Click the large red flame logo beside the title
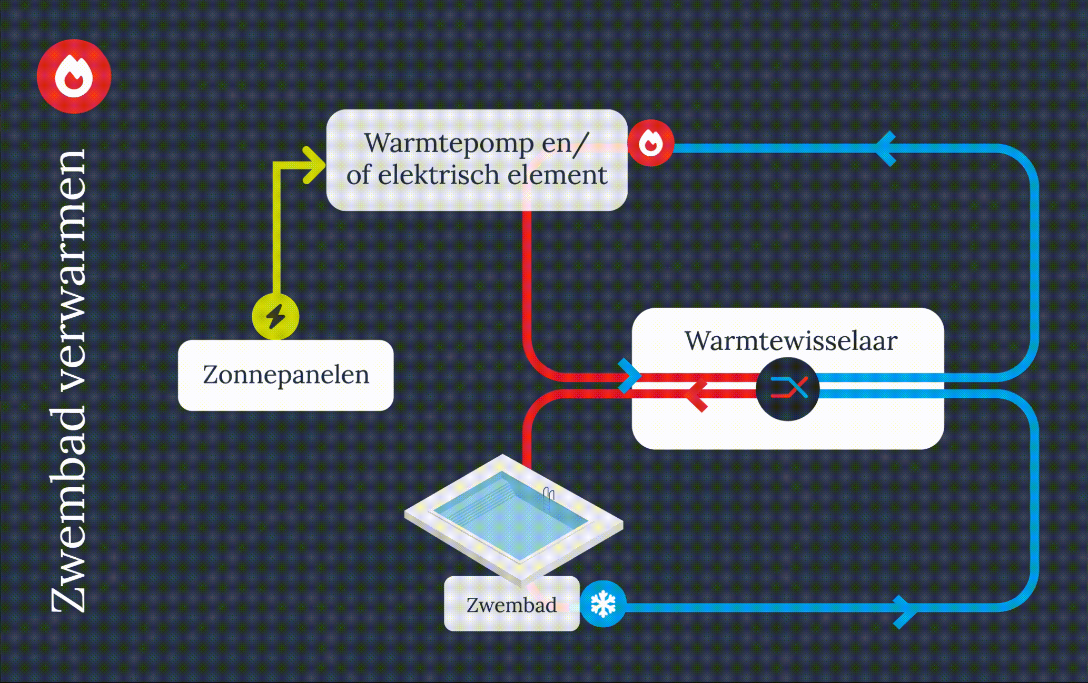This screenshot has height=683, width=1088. tap(74, 76)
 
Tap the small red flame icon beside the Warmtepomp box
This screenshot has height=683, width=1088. tap(650, 143)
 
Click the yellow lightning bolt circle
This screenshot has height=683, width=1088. tap(275, 317)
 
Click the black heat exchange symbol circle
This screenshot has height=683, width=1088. tap(788, 388)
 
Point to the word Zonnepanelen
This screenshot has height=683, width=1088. tap(286, 375)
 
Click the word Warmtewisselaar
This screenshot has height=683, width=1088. tap(790, 340)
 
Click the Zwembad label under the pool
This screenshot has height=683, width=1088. tap(511, 605)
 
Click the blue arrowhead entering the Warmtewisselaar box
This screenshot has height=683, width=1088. tap(629, 375)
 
